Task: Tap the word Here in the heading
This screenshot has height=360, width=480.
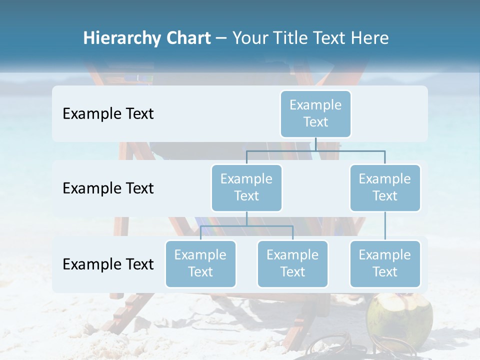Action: (x=370, y=38)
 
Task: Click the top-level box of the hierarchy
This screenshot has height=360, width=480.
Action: (x=315, y=114)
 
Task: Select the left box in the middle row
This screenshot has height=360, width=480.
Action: (x=246, y=187)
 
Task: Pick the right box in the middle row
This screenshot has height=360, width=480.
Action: (x=385, y=187)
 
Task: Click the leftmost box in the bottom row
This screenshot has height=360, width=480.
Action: (x=200, y=264)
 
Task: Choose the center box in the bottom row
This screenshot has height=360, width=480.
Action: (x=292, y=264)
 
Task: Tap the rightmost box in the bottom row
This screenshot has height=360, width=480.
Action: (x=385, y=264)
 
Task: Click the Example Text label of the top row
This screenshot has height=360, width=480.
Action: (x=108, y=114)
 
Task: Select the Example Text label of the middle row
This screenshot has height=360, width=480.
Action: (x=108, y=188)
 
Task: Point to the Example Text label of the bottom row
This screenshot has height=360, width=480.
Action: (x=108, y=264)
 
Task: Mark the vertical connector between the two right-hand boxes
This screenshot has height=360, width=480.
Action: (x=385, y=226)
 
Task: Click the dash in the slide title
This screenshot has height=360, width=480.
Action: (x=221, y=38)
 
